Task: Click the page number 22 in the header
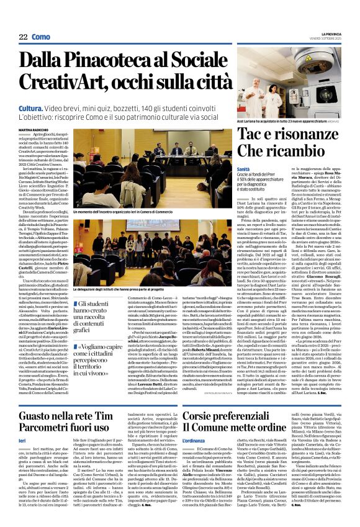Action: (24, 37)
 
